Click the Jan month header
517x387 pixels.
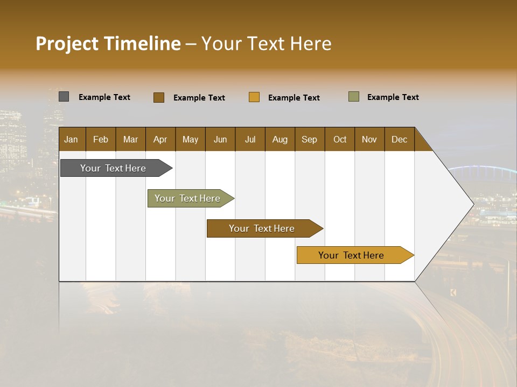click(x=71, y=140)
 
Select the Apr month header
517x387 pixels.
click(x=160, y=140)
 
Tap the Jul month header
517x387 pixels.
click(x=250, y=140)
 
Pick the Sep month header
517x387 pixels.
click(x=309, y=140)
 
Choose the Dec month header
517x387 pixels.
click(x=399, y=140)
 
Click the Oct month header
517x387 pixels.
click(x=340, y=140)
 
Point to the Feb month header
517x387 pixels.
click(x=101, y=140)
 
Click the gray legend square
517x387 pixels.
click(x=64, y=97)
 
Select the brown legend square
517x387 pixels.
click(x=159, y=97)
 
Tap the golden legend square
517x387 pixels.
click(x=254, y=97)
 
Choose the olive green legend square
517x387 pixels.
click(x=354, y=97)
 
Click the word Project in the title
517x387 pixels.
click(x=67, y=44)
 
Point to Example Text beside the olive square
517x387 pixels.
click(x=393, y=97)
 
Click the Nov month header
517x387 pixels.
click(x=369, y=140)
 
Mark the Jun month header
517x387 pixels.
click(x=220, y=140)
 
